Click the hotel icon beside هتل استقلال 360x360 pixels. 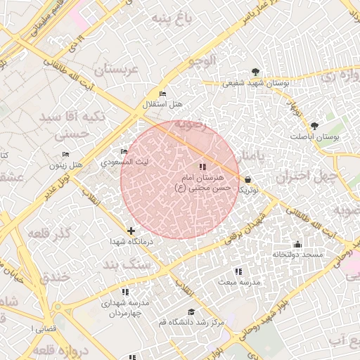tap(163, 94)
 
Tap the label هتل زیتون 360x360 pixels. tap(66, 165)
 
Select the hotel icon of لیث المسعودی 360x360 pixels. tap(124, 152)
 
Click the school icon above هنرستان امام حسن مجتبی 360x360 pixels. tap(202, 167)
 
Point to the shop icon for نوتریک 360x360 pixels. tap(247, 179)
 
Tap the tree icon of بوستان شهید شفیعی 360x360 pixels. tap(255, 72)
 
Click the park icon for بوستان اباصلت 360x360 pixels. tap(314, 127)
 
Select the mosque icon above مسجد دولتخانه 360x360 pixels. tap(297, 244)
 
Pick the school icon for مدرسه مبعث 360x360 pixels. tap(238, 271)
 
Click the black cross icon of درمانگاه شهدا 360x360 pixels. tap(131, 231)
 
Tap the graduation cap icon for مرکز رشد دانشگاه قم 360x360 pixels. tap(191, 311)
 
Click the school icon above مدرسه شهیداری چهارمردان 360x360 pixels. tap(125, 292)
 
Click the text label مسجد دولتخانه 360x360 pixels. tap(298, 254)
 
